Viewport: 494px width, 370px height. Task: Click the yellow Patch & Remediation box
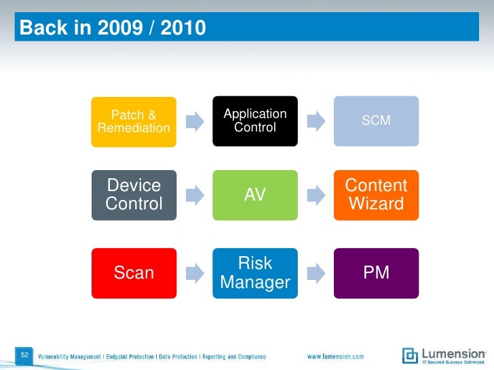(134, 121)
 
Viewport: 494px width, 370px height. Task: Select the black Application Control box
(254, 121)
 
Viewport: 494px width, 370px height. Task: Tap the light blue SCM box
(376, 121)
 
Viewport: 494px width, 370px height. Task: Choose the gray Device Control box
(134, 195)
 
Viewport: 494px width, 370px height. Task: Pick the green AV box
(254, 195)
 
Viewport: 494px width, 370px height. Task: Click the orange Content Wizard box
(376, 195)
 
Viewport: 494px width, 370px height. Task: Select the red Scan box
(134, 273)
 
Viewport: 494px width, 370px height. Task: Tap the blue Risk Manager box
(254, 273)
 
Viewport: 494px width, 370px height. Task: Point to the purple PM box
(376, 273)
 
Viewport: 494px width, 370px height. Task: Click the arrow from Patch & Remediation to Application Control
(194, 121)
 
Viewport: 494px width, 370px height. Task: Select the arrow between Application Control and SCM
(315, 121)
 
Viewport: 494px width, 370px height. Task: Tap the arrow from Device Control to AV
(194, 195)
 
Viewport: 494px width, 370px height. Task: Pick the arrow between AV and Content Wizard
(315, 195)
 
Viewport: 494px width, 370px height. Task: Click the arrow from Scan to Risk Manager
(194, 273)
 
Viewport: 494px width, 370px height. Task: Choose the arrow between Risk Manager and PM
(315, 273)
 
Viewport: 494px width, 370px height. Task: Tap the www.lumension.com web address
(335, 356)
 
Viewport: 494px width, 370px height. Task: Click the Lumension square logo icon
(410, 355)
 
